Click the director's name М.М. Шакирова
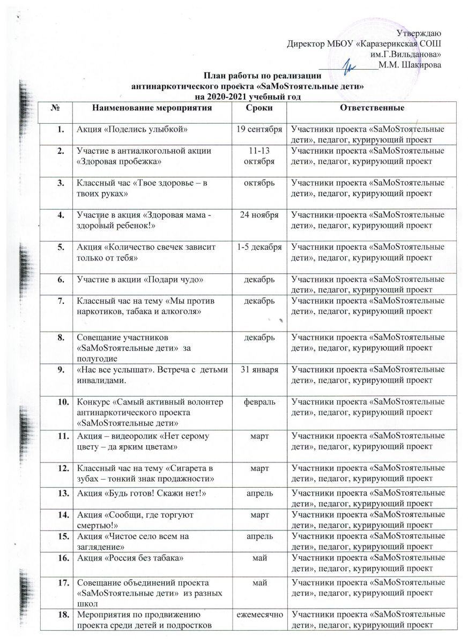pos(410,65)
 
